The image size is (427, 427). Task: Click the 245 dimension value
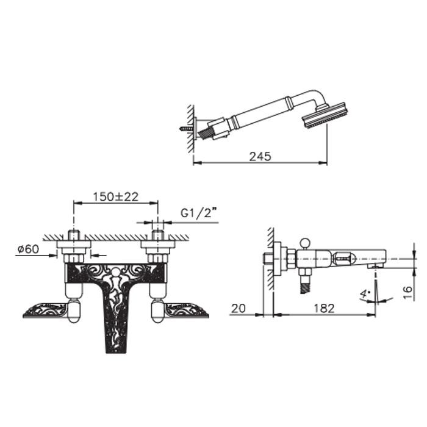260,156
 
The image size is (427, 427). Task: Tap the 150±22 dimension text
116,196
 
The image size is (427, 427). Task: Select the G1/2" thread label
200,212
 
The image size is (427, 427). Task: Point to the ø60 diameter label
28,249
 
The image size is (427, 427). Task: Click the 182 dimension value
324,308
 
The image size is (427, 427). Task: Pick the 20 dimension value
239,309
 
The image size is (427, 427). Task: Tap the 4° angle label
365,294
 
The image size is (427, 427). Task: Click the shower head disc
325,115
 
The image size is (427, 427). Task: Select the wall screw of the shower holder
186,128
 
